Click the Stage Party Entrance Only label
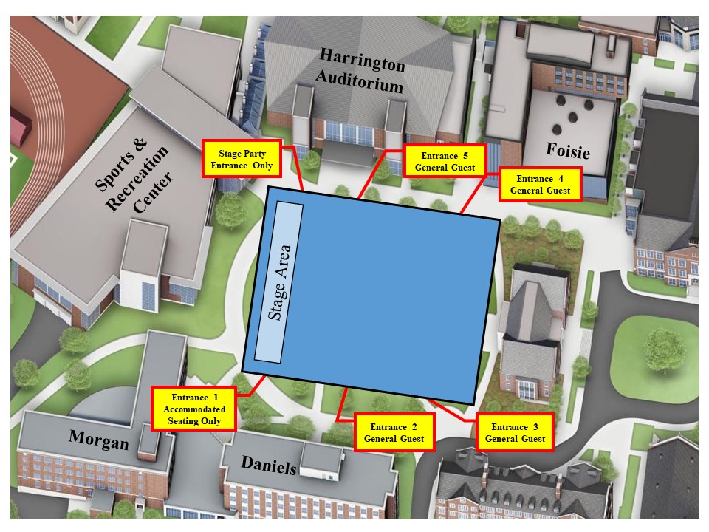pyautogui.click(x=242, y=159)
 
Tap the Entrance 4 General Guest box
pyautogui.click(x=541, y=184)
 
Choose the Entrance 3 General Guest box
pyautogui.click(x=515, y=433)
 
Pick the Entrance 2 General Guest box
pyautogui.click(x=394, y=433)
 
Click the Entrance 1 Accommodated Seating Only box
pyautogui.click(x=194, y=409)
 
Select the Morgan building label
pyautogui.click(x=98, y=440)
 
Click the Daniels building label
pyautogui.click(x=270, y=465)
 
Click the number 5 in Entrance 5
pyautogui.click(x=465, y=156)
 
